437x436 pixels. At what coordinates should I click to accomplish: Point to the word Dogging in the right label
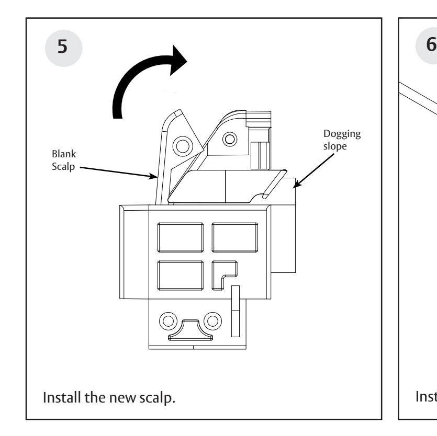[x=347, y=134]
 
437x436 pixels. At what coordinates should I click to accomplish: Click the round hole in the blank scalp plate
[x=183, y=144]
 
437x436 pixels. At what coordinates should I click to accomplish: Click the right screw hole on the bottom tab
[x=212, y=319]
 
